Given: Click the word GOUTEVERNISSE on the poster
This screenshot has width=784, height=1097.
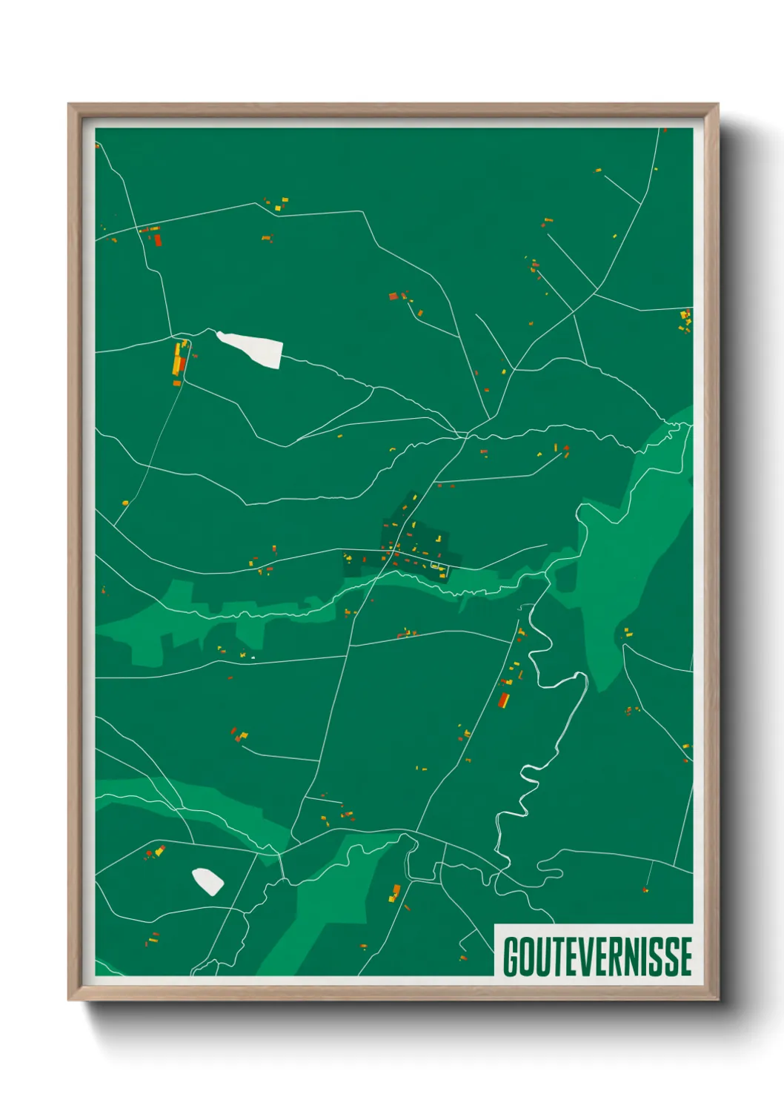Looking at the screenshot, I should pos(597,957).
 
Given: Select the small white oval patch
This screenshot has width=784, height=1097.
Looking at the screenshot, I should pos(207,881).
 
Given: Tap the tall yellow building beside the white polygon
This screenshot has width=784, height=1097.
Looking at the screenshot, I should pos(178,357).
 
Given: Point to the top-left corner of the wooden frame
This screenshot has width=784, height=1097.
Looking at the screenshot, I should pos(69,105).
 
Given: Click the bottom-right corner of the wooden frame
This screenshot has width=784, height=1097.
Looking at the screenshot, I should pos(718,1000).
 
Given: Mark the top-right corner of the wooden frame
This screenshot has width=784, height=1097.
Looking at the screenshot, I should pos(718,105).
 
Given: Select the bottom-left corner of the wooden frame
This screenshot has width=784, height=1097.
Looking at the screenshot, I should pos(69,1000).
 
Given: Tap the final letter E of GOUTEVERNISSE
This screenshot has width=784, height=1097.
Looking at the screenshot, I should pos(686,957).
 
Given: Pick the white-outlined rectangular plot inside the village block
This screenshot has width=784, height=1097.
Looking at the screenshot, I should pos(439,567).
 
